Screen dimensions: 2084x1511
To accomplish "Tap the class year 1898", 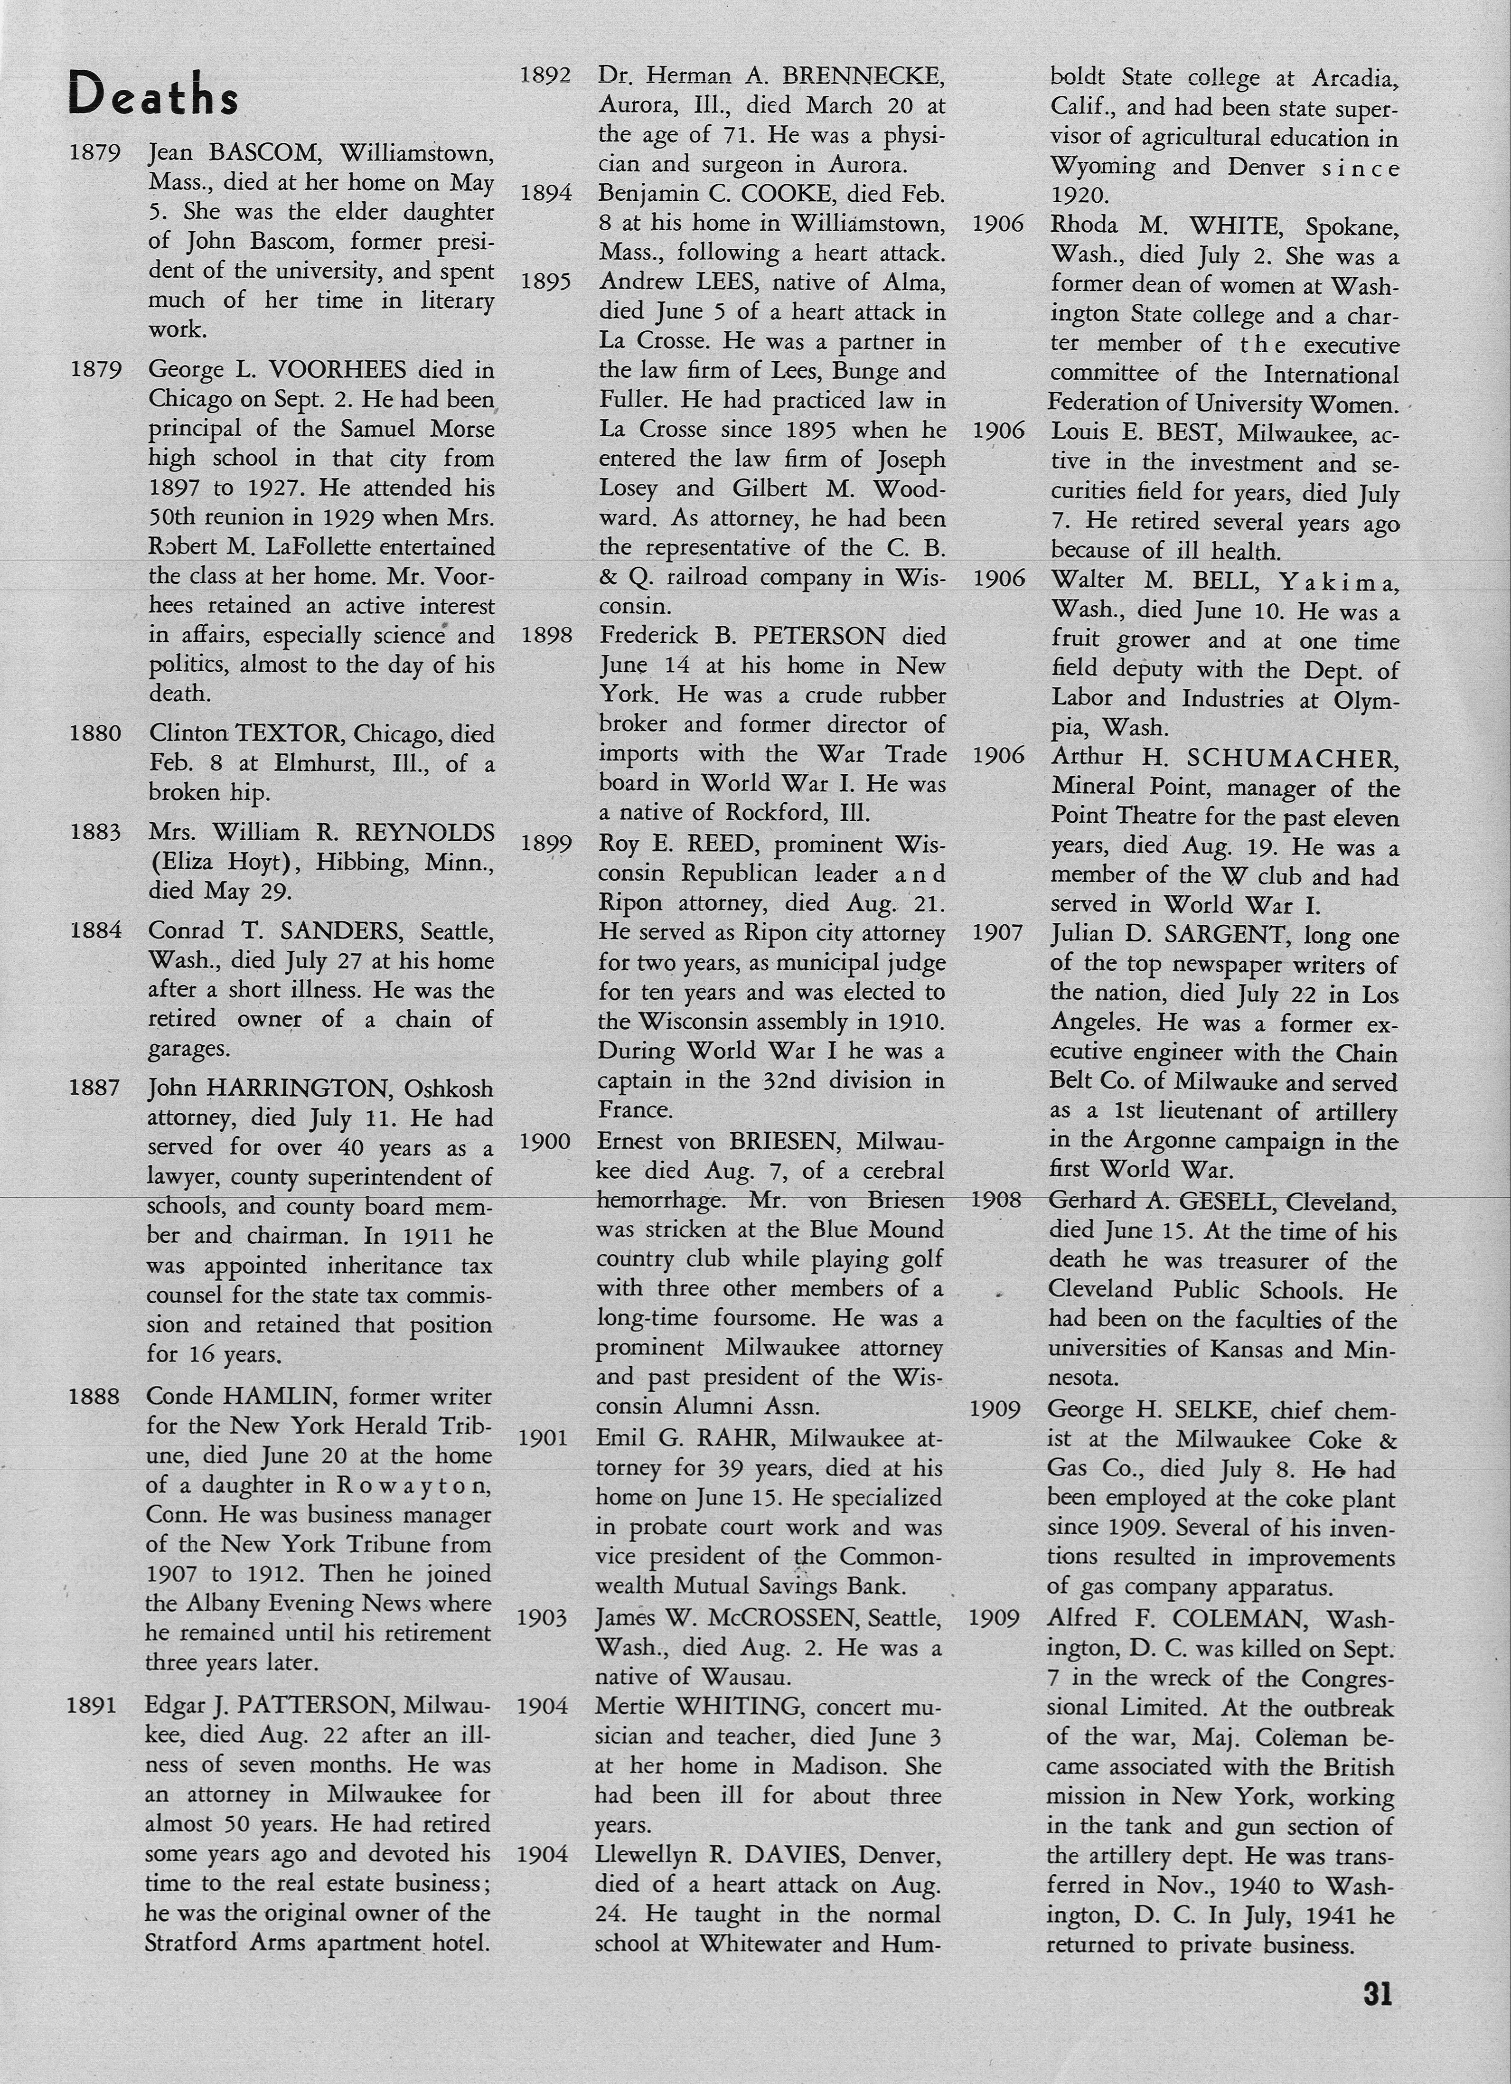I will click(546, 635).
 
